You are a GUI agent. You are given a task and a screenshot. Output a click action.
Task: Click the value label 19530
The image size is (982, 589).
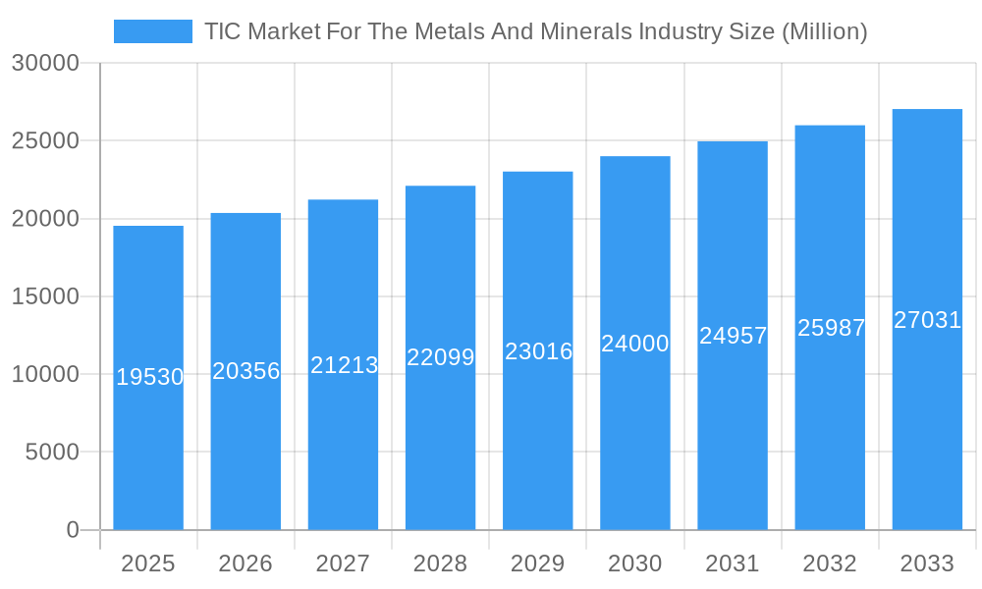pyautogui.click(x=150, y=377)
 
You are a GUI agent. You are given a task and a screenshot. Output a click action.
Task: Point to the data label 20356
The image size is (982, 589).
pyautogui.click(x=246, y=371)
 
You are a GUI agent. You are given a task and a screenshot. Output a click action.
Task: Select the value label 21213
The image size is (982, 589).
pyautogui.click(x=344, y=365)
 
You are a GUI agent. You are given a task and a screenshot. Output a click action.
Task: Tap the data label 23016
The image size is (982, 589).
pyautogui.click(x=538, y=351)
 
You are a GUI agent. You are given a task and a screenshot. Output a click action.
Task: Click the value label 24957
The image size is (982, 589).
pyautogui.click(x=733, y=336)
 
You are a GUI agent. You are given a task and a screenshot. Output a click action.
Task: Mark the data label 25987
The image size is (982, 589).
pyautogui.click(x=831, y=328)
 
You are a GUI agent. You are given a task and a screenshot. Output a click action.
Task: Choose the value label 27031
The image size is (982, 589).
pyautogui.click(x=927, y=320)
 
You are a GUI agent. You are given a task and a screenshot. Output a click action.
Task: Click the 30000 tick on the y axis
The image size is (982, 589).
pyautogui.click(x=45, y=64)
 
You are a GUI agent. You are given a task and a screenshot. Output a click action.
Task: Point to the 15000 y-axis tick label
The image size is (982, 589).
pyautogui.click(x=45, y=296)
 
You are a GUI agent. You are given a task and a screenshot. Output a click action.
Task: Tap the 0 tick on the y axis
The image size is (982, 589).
pyautogui.click(x=73, y=530)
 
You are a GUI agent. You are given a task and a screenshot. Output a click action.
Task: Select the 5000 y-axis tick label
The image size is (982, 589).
pyautogui.click(x=51, y=453)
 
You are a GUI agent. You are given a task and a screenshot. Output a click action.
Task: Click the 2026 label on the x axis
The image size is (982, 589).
pyautogui.click(x=245, y=563)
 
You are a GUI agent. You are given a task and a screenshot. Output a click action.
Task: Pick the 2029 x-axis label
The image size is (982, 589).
pyautogui.click(x=538, y=563)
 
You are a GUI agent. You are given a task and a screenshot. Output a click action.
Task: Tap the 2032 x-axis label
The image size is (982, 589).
pyautogui.click(x=830, y=563)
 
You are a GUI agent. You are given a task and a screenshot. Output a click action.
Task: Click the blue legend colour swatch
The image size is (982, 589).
pyautogui.click(x=153, y=31)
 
